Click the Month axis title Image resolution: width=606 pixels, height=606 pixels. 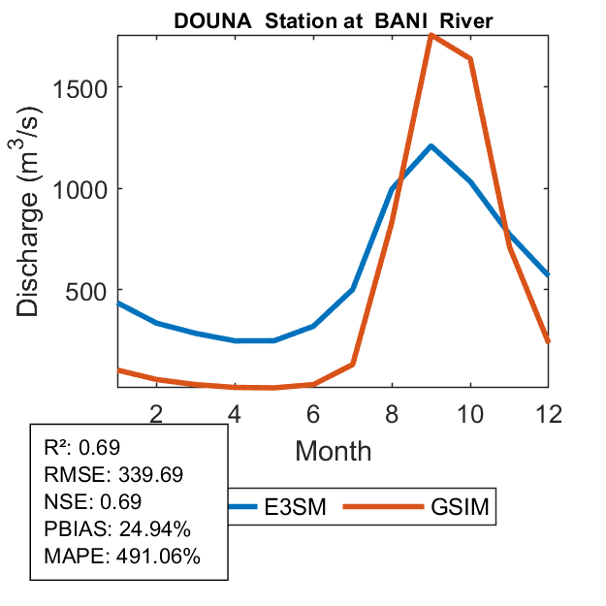click(x=333, y=450)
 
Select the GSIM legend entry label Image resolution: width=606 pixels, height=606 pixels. click(x=458, y=506)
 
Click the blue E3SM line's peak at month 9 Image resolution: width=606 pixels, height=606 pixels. click(x=431, y=146)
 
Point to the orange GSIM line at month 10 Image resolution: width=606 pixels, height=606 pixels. click(x=470, y=59)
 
